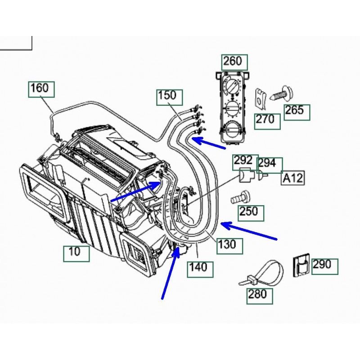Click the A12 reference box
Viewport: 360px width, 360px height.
tap(292, 178)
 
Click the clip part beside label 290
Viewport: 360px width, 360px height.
tap(301, 265)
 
